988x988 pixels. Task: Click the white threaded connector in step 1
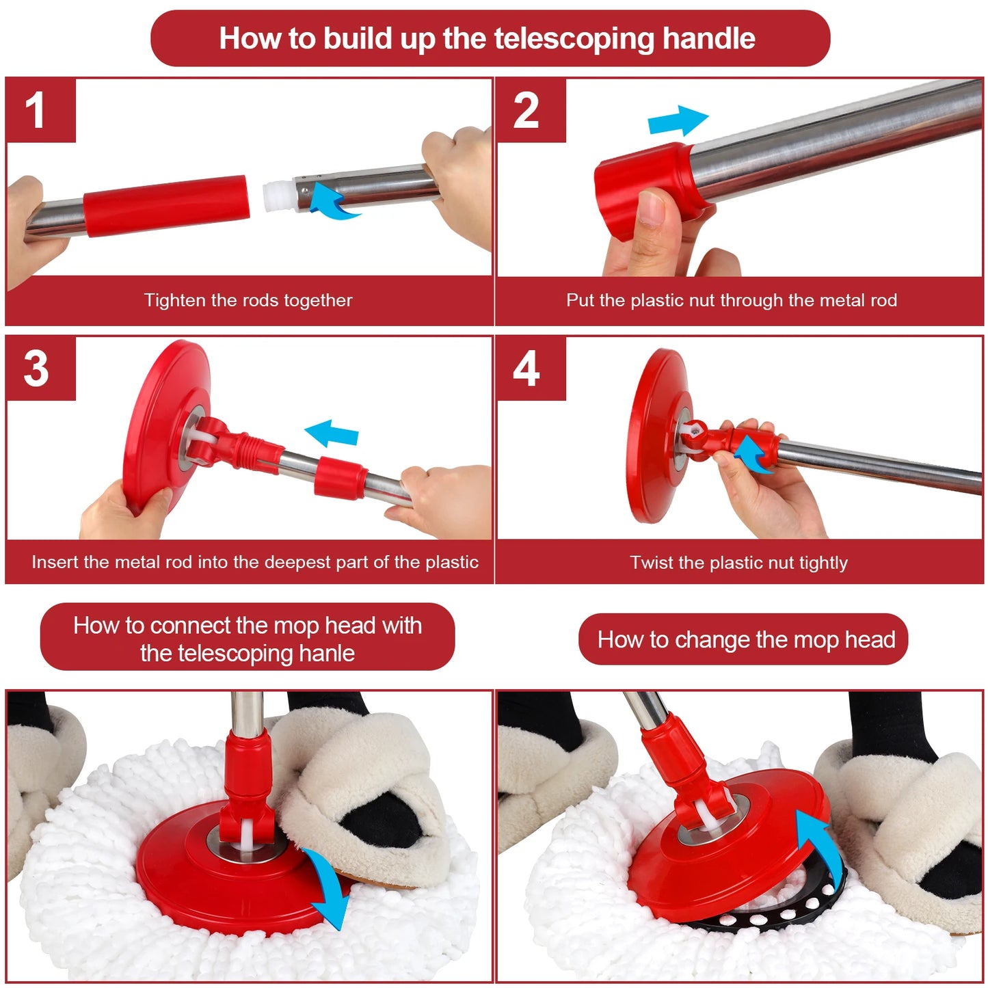click(277, 196)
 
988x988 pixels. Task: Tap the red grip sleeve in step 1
click(165, 205)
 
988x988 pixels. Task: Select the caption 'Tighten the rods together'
click(248, 300)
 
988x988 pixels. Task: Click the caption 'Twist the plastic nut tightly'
click(738, 563)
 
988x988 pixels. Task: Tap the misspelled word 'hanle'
click(326, 654)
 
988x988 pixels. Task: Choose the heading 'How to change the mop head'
click(745, 639)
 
